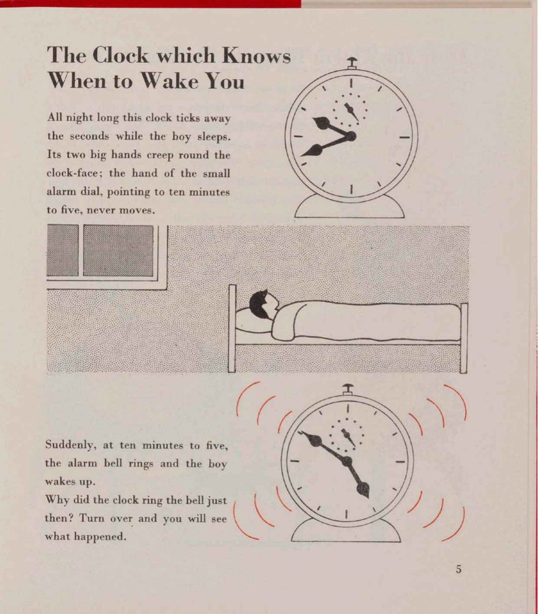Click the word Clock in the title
(x=121, y=55)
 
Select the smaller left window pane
(x=62, y=250)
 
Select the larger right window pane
(x=118, y=250)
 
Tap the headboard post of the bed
(x=232, y=329)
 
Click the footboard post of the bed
(x=464, y=338)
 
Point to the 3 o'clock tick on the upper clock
(x=404, y=138)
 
